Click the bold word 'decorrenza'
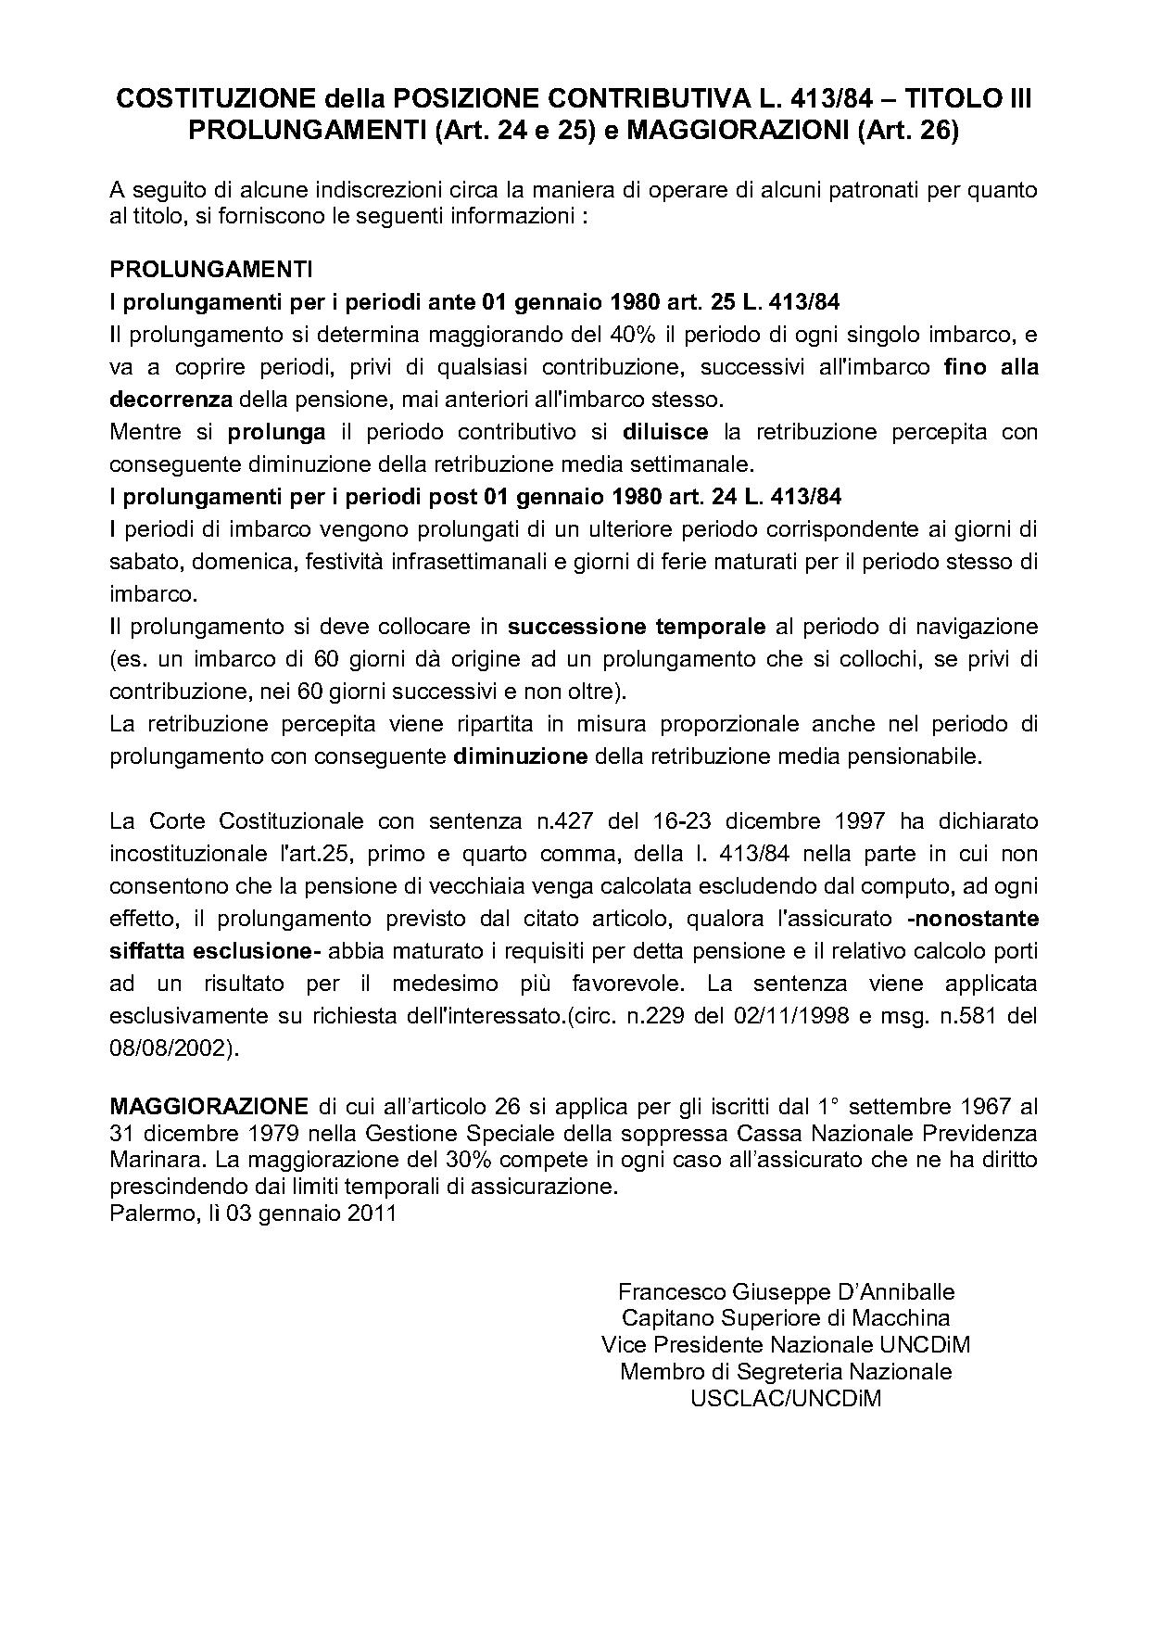(170, 400)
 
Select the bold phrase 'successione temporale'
(638, 627)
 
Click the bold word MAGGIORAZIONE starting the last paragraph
(208, 1106)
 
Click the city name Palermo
(148, 1213)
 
